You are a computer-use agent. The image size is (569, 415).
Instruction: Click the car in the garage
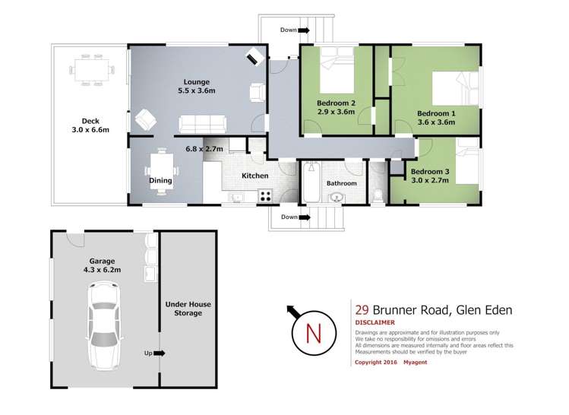pos(103,325)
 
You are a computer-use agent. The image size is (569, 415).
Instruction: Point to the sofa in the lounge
pos(202,122)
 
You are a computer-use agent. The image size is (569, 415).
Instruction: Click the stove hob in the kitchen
pos(265,195)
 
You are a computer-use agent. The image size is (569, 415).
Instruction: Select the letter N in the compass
pos(309,333)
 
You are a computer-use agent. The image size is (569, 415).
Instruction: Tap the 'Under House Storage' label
pos(188,309)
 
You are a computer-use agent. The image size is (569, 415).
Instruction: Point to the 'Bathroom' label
pos(342,183)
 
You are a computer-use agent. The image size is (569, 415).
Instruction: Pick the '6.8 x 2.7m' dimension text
pos(205,149)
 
